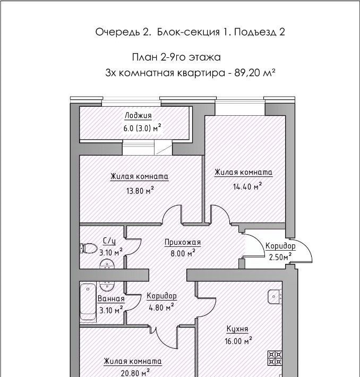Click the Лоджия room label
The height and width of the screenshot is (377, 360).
[138, 116]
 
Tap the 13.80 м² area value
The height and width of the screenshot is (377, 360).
[140, 191]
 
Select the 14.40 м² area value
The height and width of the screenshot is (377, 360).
[247, 186]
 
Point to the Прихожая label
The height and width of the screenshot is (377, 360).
[183, 242]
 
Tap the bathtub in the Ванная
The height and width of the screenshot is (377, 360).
[88, 302]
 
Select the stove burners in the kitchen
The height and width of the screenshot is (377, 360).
[275, 358]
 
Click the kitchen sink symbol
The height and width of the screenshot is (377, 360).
[274, 297]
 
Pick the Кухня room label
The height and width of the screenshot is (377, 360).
[237, 329]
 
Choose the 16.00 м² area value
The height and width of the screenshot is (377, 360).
[238, 341]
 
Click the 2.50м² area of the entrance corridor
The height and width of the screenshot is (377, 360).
[280, 258]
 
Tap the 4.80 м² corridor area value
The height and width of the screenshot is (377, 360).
[161, 307]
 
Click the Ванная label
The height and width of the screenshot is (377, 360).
[111, 299]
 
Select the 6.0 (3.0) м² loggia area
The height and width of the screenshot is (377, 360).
[142, 128]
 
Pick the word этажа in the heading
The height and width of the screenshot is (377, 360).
[205, 57]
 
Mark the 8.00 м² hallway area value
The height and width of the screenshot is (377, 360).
[183, 253]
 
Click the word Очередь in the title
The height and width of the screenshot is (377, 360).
[118, 32]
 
